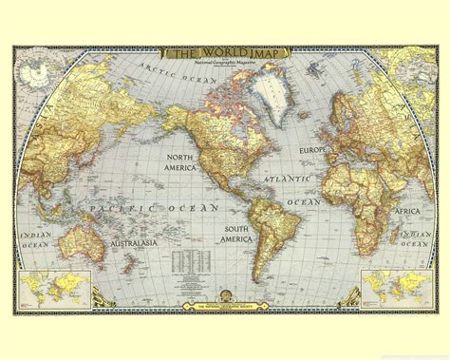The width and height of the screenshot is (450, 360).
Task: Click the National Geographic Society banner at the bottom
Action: [x=224, y=307]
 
